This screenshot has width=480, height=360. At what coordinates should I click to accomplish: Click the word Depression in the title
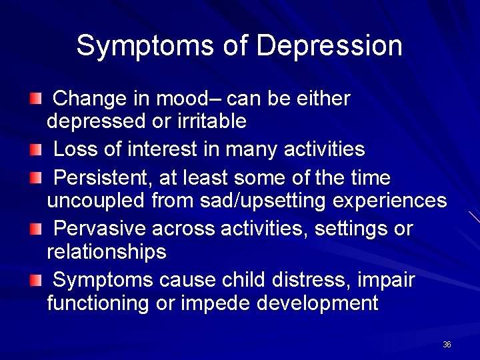[329, 46]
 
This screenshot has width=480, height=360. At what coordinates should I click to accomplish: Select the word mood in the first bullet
[185, 99]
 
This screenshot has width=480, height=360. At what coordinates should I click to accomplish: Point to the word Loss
[75, 149]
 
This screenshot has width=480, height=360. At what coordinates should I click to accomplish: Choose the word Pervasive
[99, 229]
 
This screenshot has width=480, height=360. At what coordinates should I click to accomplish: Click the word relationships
[107, 252]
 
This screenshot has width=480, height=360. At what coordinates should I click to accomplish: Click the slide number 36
[447, 345]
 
